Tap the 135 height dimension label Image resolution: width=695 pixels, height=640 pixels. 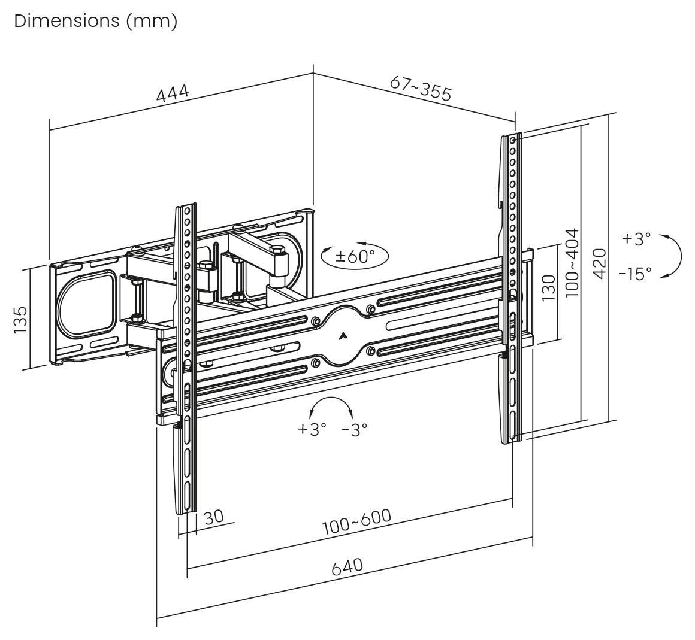coord(20,319)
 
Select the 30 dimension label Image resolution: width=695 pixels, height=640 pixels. coord(214,517)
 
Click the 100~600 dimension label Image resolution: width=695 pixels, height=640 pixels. coord(356,522)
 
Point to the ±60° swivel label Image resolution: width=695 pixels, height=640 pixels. coord(355,256)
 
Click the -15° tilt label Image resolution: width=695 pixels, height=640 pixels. coord(635,274)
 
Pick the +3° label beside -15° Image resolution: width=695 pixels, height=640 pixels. coord(636,239)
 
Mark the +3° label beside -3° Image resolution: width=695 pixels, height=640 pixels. coord(312,429)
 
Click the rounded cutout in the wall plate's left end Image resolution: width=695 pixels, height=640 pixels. coord(85,304)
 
